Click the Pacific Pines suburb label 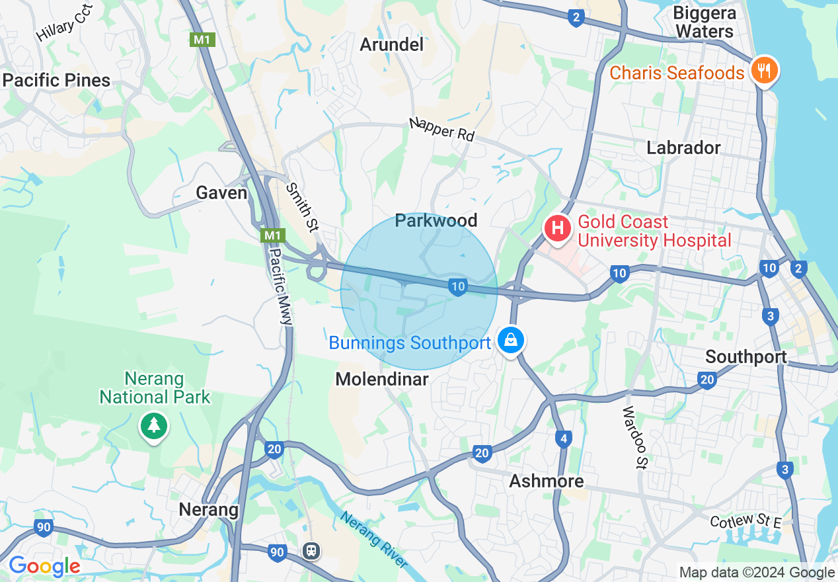56,81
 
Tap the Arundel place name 391,45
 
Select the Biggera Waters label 704,22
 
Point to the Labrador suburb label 683,147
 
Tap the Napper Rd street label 441,129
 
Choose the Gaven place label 222,193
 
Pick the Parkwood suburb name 436,221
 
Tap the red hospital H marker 557,229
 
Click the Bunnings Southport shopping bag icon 510,341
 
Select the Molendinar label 382,379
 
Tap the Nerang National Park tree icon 154,425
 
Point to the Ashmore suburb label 547,481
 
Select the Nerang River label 373,539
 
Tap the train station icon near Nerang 311,550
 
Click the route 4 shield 563,438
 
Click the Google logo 44,567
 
